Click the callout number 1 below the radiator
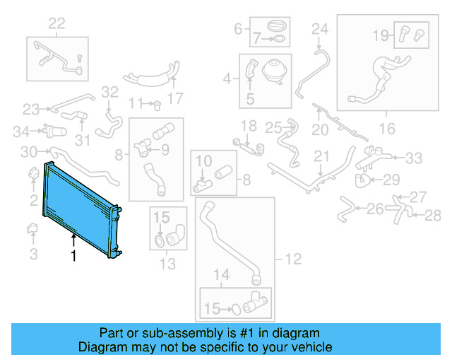[73, 257]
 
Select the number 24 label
[320, 29]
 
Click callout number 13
[168, 264]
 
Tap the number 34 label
[21, 130]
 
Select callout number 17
[175, 98]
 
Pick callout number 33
[413, 157]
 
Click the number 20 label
[320, 129]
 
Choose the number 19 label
[380, 33]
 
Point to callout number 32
[109, 91]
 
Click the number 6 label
[238, 29]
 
